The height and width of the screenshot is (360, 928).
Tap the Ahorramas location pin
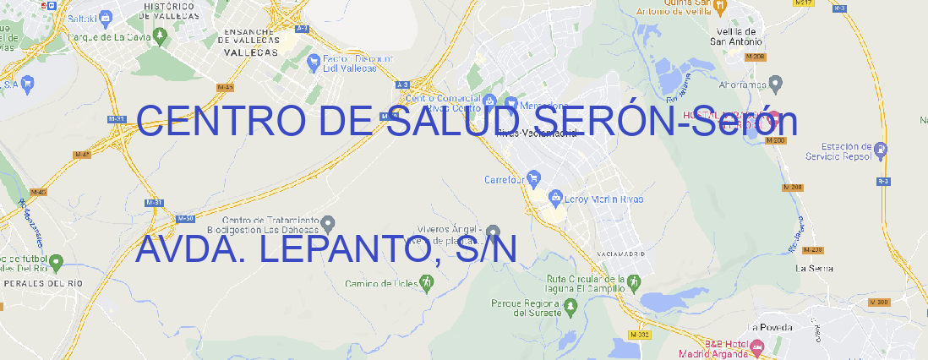point(777,83)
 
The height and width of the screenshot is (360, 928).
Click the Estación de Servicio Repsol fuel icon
point(881,151)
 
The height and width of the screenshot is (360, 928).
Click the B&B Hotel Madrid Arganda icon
point(756,346)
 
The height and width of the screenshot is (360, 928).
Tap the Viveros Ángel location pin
point(494,232)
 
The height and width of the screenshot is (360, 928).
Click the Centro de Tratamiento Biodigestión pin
point(329,224)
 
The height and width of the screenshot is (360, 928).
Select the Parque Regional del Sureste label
point(526,308)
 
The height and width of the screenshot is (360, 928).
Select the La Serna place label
point(814,268)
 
